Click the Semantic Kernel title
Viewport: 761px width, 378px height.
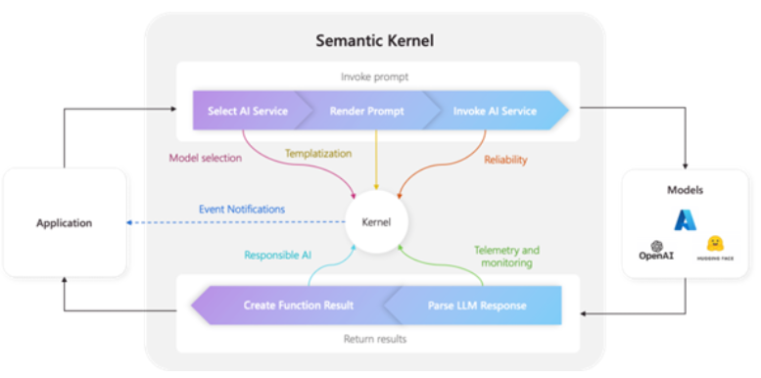point(376,40)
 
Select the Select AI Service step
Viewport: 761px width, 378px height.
point(248,111)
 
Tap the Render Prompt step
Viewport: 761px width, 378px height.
point(366,111)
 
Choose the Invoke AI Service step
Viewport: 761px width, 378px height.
point(495,111)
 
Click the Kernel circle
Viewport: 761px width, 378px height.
point(376,221)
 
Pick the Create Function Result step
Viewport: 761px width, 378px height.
point(298,306)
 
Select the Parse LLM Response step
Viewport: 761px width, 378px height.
point(476,306)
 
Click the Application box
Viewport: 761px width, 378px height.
point(65,222)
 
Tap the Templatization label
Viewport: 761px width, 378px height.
point(319,153)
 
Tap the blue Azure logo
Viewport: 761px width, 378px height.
point(685,220)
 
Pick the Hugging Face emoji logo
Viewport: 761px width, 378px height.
point(715,244)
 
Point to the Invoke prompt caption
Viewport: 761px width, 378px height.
point(376,75)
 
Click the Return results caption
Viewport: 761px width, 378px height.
point(376,340)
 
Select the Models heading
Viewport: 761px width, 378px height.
point(685,190)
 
